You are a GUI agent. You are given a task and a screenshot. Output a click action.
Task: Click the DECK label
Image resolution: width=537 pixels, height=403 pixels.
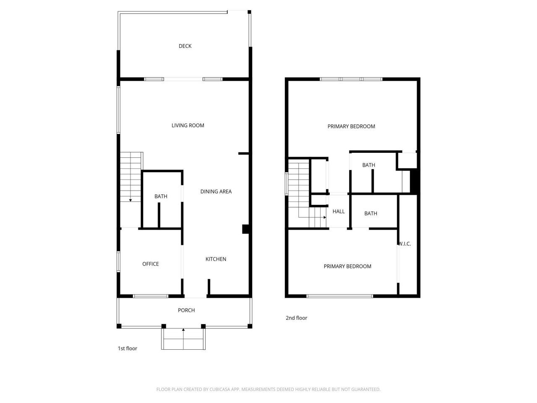coord(185,46)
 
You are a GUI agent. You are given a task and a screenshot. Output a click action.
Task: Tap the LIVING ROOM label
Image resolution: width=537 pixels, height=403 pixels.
coord(188,126)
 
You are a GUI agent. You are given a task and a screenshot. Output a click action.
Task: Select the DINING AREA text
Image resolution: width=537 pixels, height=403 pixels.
coord(216,191)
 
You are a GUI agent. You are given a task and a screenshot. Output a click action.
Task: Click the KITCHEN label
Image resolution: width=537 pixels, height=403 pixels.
coord(216,259)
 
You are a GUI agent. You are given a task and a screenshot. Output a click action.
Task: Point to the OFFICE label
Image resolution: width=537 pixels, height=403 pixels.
coord(151,264)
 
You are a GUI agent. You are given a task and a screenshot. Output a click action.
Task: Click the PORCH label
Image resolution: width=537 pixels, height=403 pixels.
coord(186,310)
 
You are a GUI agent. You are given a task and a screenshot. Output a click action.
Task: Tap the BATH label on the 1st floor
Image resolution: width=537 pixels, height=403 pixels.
coord(161,196)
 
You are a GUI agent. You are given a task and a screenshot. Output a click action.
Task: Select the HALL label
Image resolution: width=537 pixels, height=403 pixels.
coord(339,212)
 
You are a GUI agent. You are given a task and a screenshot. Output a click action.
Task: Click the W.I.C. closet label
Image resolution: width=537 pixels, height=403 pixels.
coord(405,244)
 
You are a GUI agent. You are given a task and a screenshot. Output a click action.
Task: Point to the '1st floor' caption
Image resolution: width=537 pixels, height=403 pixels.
coord(127,348)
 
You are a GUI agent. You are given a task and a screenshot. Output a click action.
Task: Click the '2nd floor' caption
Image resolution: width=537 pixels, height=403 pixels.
coord(297,318)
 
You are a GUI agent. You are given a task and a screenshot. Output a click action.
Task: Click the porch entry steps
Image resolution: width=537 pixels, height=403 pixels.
coord(183,339)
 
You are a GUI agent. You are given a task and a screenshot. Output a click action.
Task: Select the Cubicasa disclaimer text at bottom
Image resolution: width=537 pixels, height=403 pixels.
coord(268,390)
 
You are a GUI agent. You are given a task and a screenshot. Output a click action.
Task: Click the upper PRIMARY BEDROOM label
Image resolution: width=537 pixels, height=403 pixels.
coord(351,126)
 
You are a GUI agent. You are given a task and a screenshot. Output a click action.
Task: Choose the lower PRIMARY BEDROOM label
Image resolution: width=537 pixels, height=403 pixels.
coord(347,267)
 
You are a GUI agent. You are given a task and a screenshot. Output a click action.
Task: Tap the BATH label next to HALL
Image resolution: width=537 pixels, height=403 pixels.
coord(370,214)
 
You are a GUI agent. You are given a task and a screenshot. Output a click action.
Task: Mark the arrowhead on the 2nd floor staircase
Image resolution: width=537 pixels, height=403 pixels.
coord(325,217)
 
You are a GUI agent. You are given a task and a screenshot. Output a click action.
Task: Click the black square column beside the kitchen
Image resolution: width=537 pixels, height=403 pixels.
coord(246,229)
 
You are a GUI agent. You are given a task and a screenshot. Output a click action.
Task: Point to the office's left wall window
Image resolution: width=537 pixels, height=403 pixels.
coord(119,261)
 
